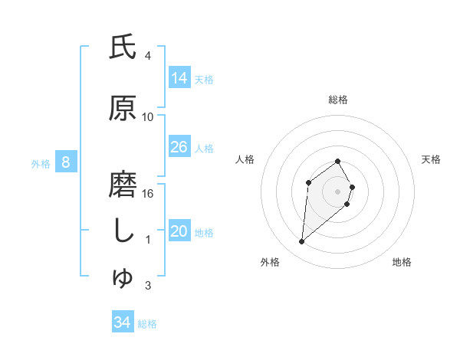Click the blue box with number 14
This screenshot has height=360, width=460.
tap(179, 78)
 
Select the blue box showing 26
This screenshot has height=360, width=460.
tap(179, 147)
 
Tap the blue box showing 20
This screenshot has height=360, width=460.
tap(179, 231)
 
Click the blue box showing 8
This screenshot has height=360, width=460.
tap(66, 162)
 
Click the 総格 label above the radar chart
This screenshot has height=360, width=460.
tap(338, 100)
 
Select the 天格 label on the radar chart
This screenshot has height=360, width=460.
tap(432, 159)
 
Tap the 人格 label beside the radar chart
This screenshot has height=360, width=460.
tap(245, 159)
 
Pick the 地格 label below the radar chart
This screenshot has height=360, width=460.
tap(402, 262)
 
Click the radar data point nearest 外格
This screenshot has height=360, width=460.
tap(302, 242)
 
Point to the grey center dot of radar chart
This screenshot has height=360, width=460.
tap(338, 191)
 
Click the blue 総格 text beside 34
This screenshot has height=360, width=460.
tap(147, 323)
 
